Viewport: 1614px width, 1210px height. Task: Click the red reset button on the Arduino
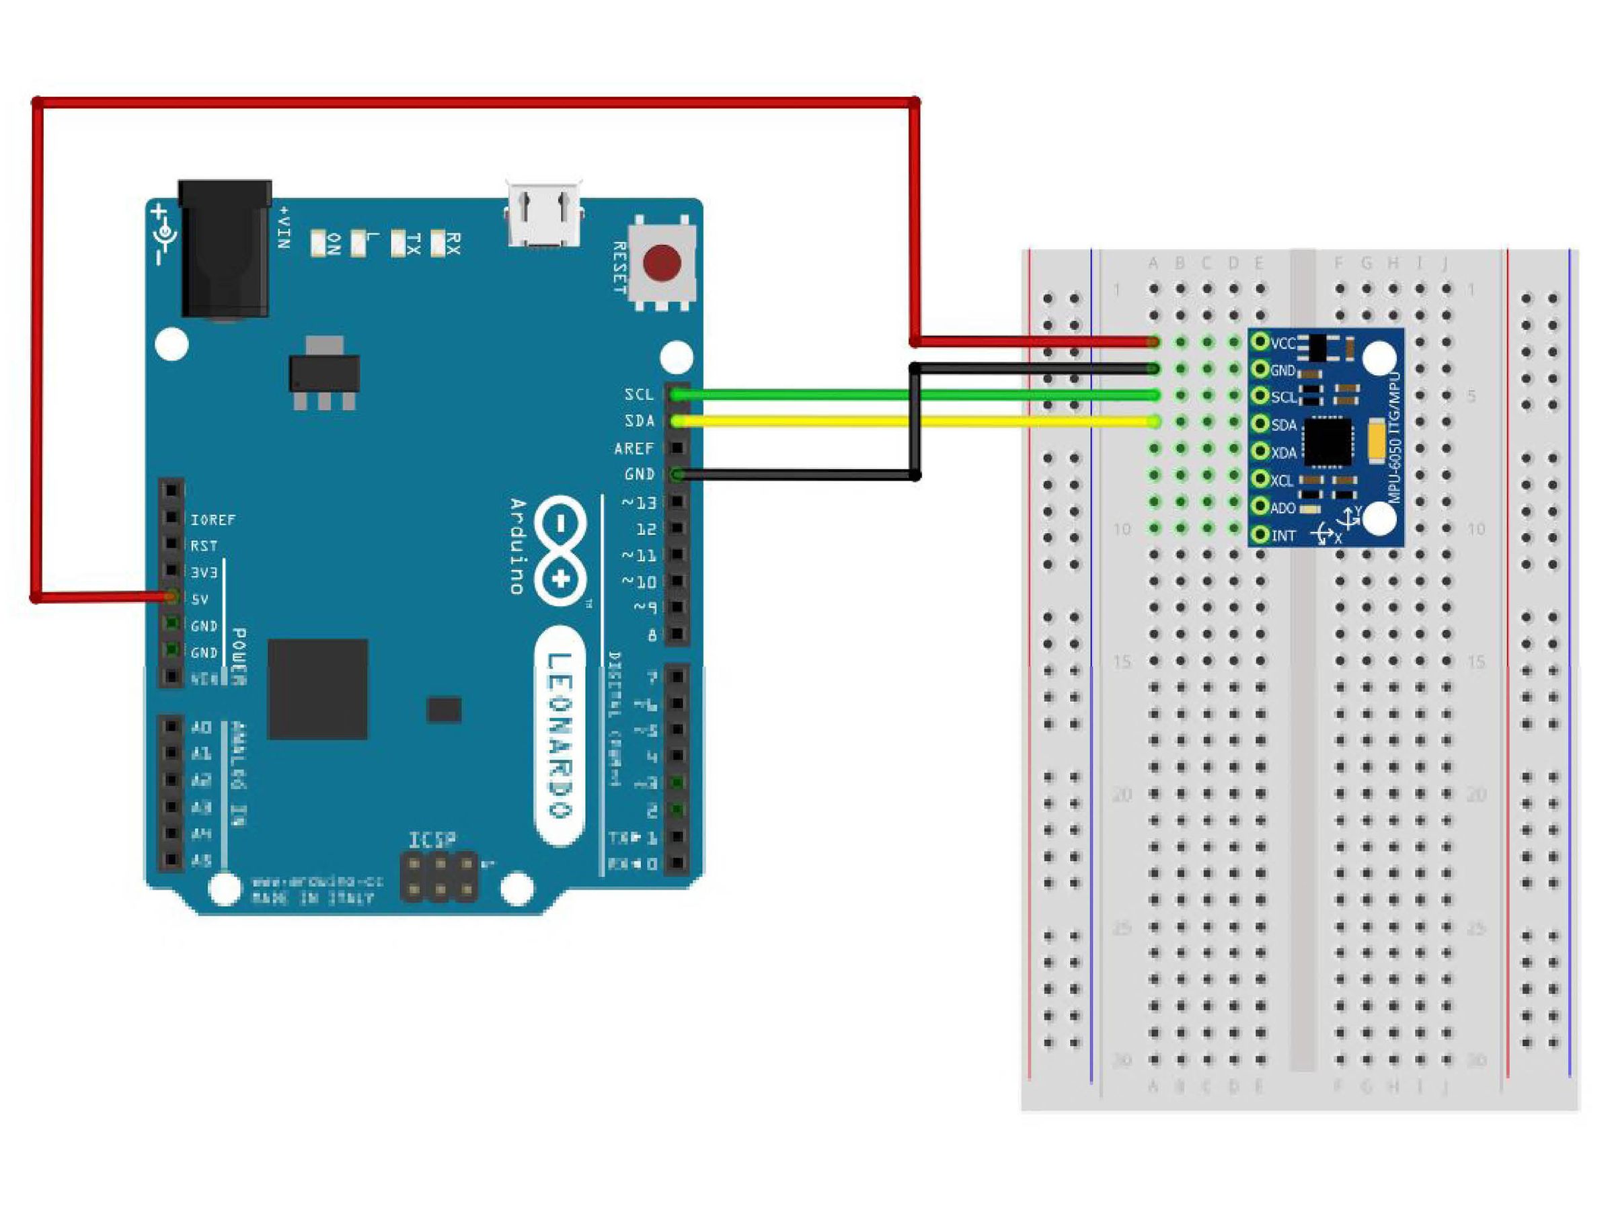coord(662,264)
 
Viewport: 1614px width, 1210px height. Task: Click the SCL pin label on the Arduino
coord(638,395)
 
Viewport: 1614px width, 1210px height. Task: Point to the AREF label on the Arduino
coord(633,448)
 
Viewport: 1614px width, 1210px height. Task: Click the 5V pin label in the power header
coord(199,600)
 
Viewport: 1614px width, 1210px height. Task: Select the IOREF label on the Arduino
coord(213,520)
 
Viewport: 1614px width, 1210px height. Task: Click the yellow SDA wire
coord(802,421)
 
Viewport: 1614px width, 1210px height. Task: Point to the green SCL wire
coord(802,395)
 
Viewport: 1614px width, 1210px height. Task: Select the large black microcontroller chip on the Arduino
coord(317,689)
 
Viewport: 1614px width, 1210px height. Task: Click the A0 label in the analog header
coord(200,727)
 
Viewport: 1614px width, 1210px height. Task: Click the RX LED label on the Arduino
coord(453,243)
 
